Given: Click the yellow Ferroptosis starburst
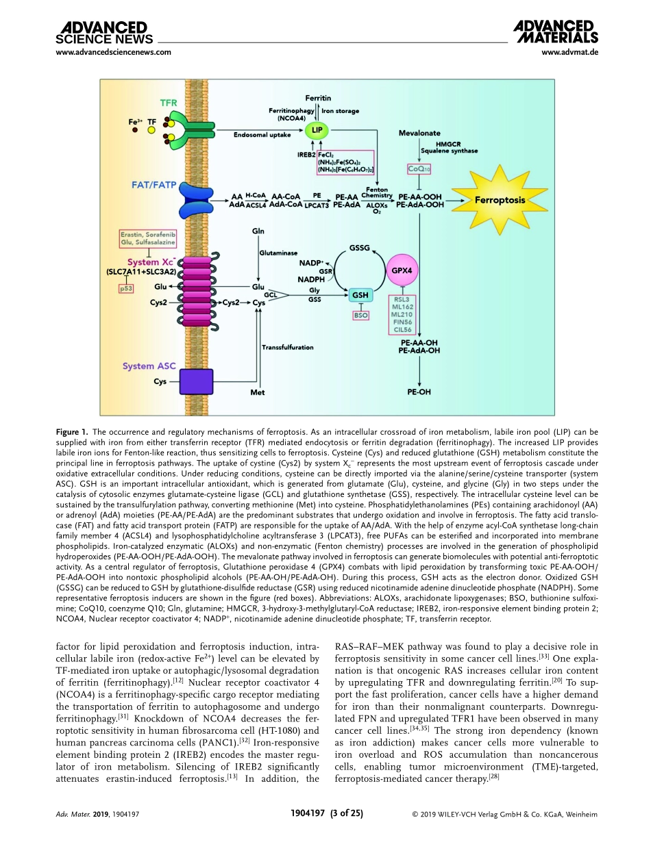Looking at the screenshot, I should click(x=500, y=200).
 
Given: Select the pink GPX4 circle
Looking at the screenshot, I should click(x=402, y=270).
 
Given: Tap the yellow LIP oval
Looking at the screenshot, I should click(x=317, y=129).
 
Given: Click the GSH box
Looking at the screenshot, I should click(x=360, y=295).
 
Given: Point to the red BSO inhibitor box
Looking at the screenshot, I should click(x=360, y=316).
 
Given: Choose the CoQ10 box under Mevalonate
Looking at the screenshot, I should click(x=419, y=168).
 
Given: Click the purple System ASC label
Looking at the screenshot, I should click(x=148, y=366).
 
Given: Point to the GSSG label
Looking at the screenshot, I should click(x=360, y=247).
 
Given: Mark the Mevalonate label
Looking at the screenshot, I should click(x=419, y=133).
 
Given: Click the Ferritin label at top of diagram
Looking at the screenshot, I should click(x=318, y=99).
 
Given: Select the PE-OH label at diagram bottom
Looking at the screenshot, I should click(x=419, y=393).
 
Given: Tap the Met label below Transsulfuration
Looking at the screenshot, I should click(x=258, y=393).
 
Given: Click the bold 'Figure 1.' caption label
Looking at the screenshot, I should click(x=71, y=432).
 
